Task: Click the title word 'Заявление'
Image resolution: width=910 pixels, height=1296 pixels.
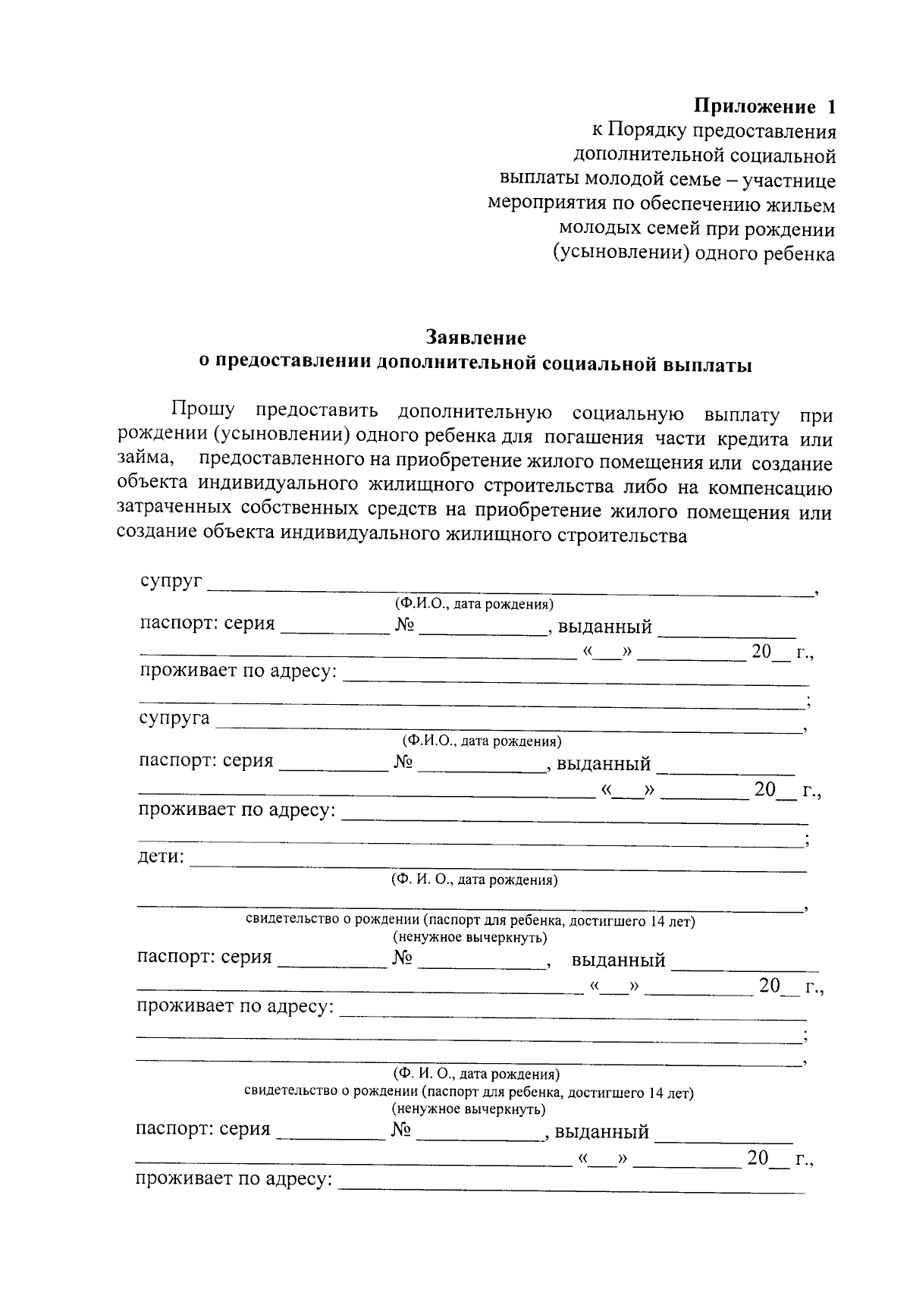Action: [475, 336]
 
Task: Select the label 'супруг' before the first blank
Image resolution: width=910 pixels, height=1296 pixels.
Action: [171, 581]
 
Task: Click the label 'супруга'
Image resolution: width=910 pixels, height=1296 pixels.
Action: [174, 718]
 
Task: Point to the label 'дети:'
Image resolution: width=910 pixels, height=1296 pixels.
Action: [161, 857]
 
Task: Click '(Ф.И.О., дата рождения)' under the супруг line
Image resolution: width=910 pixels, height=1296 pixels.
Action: [473, 605]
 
